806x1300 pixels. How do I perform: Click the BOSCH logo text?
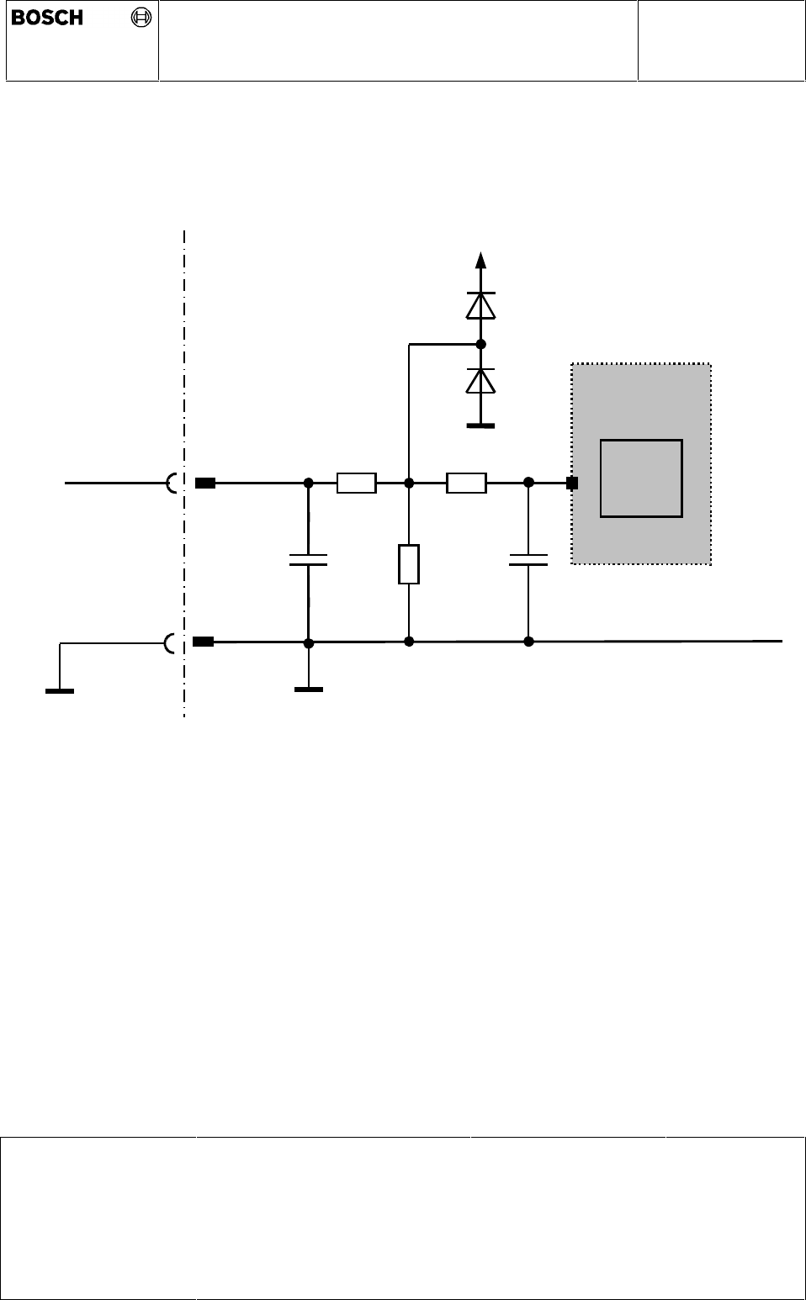[x=47, y=18]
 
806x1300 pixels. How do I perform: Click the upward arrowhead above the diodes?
[x=480, y=260]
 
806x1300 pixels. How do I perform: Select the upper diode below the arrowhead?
[x=480, y=305]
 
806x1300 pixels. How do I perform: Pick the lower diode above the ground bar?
[x=480, y=381]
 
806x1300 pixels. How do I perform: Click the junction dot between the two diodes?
[x=480, y=344]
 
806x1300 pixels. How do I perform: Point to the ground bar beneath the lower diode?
[x=480, y=426]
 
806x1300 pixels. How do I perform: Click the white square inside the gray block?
[x=641, y=478]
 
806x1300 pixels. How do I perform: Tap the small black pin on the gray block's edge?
[x=572, y=484]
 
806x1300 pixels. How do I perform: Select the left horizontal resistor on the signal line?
[x=356, y=484]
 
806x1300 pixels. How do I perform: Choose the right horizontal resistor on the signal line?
[x=466, y=484]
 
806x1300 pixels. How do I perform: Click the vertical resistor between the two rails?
[x=408, y=563]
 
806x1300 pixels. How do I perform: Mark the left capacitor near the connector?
[x=308, y=560]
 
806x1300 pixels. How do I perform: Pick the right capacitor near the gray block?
[x=528, y=560]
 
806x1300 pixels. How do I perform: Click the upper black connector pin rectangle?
[x=204, y=484]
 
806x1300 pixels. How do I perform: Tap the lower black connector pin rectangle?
[x=203, y=642]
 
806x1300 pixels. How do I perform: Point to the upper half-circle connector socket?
[x=172, y=484]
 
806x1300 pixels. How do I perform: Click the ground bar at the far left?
[x=59, y=691]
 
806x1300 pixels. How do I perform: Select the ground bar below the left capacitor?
[x=308, y=690]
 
